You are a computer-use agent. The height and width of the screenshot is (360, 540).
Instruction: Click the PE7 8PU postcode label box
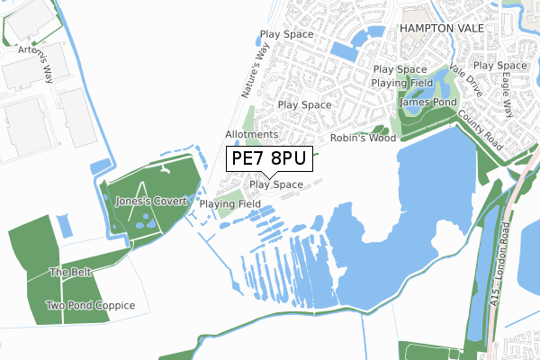tap(268, 158)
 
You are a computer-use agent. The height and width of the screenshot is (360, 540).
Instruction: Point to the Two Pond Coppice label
tap(91, 306)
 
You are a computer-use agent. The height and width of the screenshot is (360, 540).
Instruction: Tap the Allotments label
tap(251, 135)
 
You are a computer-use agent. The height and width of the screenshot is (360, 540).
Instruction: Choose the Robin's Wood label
tap(364, 139)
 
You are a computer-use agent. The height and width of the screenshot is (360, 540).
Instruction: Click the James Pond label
tap(425, 102)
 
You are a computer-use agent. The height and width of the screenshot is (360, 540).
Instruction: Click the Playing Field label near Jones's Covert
tap(230, 204)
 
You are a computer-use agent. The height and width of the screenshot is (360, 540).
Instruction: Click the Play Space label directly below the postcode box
tap(276, 184)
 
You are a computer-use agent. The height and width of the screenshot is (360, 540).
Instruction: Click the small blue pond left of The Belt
tap(62, 225)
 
